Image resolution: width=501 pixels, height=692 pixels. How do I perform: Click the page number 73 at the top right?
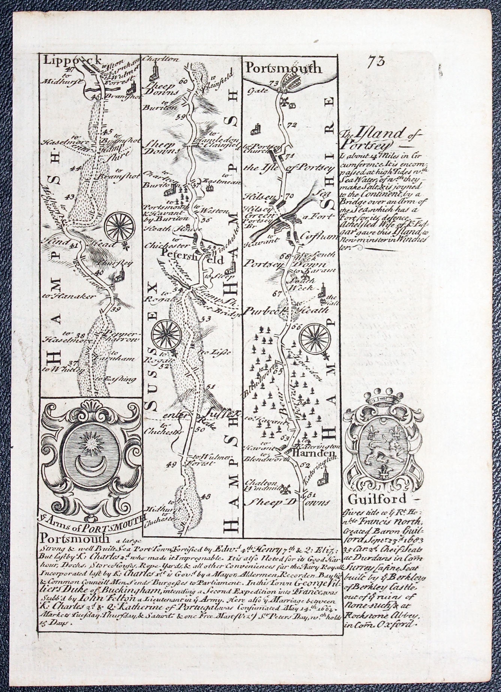pos(376,61)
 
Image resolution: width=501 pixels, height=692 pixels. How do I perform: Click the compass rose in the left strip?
pos(120,227)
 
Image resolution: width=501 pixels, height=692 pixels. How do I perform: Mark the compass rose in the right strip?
pos(314,339)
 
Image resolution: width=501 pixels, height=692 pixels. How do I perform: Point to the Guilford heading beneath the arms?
pos(377,499)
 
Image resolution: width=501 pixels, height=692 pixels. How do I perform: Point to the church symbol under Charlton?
pos(153,72)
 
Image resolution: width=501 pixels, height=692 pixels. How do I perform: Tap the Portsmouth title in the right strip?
pos(283,68)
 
